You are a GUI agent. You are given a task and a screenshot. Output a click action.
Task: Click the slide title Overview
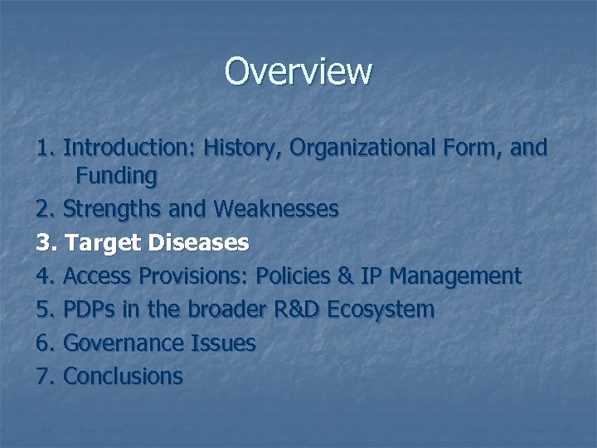coord(298,71)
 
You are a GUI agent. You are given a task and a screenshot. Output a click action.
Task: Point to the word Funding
coord(116,176)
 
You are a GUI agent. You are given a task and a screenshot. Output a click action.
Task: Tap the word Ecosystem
coord(381,309)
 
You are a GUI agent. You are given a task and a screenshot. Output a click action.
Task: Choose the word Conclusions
coord(123,376)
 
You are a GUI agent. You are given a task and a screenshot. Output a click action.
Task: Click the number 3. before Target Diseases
coord(46,242)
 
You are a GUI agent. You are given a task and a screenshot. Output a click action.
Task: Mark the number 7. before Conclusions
coord(46,376)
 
